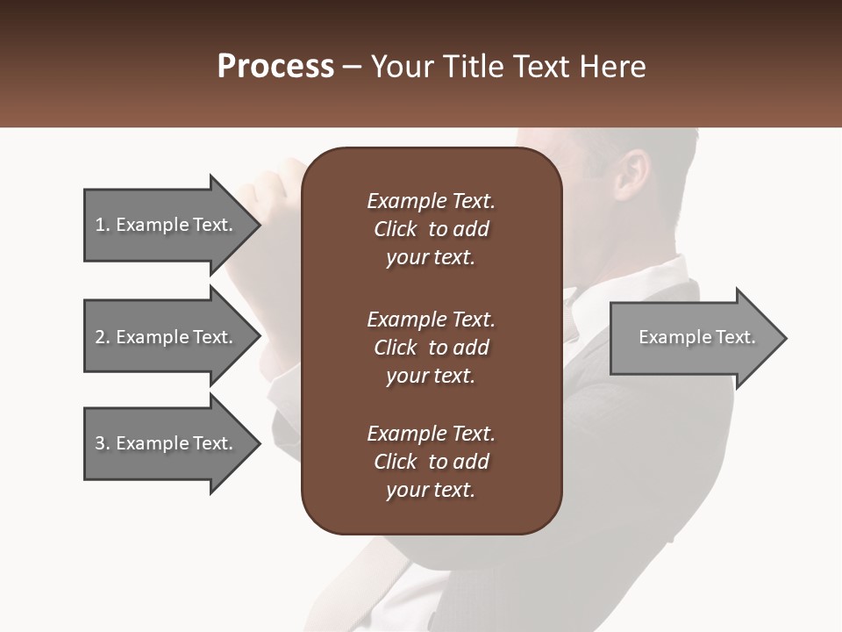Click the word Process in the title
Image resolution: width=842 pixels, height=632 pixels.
pyautogui.click(x=275, y=67)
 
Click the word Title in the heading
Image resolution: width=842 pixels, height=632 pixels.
pyautogui.click(x=474, y=67)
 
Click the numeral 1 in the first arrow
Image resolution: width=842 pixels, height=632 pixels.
pyautogui.click(x=100, y=225)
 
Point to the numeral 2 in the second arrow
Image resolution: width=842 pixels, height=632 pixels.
pyautogui.click(x=100, y=337)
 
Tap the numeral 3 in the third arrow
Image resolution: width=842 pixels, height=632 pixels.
pyautogui.click(x=100, y=443)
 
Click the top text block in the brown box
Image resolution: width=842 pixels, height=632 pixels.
pyautogui.click(x=431, y=229)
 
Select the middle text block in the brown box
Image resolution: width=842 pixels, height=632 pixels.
pyautogui.click(x=431, y=348)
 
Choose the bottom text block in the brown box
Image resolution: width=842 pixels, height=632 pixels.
pyautogui.click(x=431, y=462)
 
